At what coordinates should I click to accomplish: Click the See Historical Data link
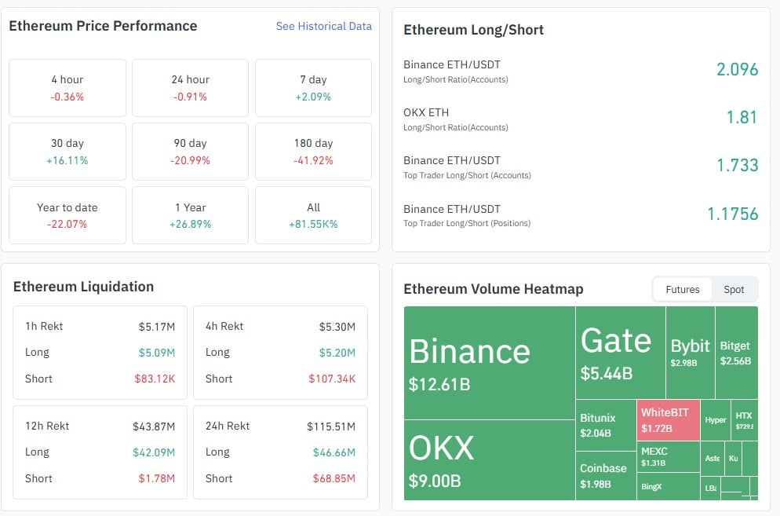click(323, 26)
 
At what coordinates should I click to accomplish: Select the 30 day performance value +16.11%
click(67, 160)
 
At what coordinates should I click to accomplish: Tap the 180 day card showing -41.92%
click(313, 152)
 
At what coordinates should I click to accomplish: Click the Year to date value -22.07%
click(67, 224)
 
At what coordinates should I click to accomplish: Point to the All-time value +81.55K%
click(313, 224)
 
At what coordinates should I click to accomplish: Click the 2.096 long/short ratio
click(737, 69)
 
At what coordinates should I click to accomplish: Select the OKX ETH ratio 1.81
click(742, 117)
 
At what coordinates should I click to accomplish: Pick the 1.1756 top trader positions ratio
click(732, 214)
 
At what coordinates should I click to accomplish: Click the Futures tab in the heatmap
click(682, 289)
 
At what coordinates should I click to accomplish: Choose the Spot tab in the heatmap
click(734, 289)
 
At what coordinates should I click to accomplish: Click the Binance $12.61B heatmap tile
click(490, 362)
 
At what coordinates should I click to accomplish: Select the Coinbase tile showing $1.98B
click(605, 475)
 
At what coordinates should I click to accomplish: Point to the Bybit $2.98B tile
click(690, 352)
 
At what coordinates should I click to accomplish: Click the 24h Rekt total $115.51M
click(330, 426)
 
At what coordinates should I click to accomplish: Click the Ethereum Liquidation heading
click(83, 287)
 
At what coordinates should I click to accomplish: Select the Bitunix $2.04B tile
click(605, 425)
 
